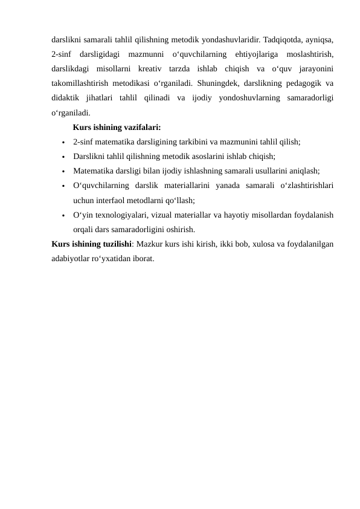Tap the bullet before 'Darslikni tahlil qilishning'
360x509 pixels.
coord(63,157)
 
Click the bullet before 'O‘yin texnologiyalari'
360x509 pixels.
coord(63,215)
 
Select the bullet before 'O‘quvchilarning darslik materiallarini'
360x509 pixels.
coord(63,186)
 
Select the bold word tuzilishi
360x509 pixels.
coord(114,244)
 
